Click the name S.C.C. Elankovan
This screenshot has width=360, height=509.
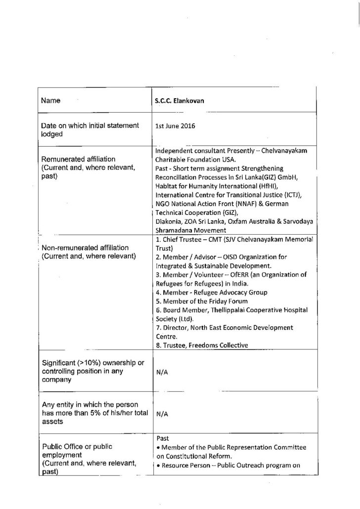[181, 100]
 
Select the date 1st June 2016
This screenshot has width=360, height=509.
[175, 126]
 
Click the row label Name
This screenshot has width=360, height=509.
[50, 100]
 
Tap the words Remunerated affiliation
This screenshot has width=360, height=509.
[78, 160]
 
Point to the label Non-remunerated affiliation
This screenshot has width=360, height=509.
[85, 248]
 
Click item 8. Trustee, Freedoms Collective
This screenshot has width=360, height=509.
[201, 345]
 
